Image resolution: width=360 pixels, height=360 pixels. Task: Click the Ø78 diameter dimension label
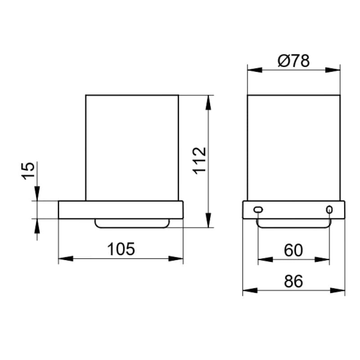(294, 61)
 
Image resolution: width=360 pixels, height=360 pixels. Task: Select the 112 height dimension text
(199, 161)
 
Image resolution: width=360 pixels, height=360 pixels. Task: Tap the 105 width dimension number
(121, 249)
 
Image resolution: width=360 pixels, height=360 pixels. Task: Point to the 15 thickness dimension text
(28, 171)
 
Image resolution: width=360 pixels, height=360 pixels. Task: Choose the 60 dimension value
(293, 250)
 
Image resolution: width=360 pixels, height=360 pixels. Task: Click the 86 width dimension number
(293, 281)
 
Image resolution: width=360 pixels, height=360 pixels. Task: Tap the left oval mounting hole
(258, 209)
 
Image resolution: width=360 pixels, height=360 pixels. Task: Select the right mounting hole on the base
(329, 209)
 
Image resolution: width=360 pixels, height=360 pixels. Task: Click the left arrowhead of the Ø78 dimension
(255, 70)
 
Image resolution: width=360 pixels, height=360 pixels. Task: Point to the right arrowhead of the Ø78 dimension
(333, 70)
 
